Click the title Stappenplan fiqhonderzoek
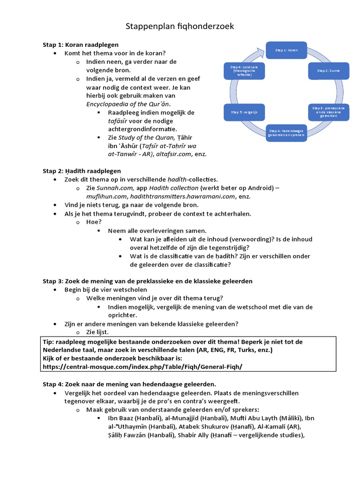[x=180, y=27]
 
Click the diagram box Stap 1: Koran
[x=286, y=49]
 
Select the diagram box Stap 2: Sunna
[x=328, y=71]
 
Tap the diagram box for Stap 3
[x=328, y=112]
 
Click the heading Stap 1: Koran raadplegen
[x=81, y=45]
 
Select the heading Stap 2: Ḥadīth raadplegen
[x=82, y=171]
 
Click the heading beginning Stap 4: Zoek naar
[x=129, y=384]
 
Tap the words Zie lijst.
[x=98, y=332]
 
